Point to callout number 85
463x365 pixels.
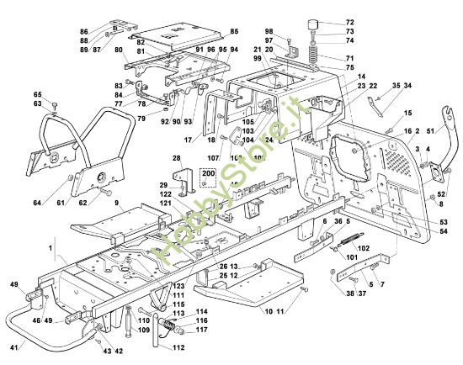(x=233, y=31)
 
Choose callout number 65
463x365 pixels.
(x=37, y=94)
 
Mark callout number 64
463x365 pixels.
(x=37, y=202)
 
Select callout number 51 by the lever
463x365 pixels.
(x=432, y=130)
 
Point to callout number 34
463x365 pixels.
(x=407, y=86)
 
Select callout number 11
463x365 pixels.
(x=281, y=312)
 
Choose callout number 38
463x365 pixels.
(x=349, y=294)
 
